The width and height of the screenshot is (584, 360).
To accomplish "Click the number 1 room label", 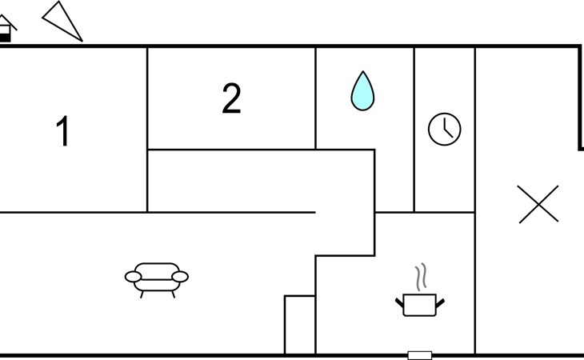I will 62,132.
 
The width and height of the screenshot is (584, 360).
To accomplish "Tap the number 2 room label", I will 231,99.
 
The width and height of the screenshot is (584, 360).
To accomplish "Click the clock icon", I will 445,129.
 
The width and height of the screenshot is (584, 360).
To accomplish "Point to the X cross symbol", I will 538,204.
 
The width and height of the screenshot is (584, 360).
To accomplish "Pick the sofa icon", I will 157,278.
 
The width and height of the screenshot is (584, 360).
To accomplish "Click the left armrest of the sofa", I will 134,277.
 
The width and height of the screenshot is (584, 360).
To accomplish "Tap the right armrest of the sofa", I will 180,277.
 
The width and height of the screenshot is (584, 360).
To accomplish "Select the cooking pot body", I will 419,305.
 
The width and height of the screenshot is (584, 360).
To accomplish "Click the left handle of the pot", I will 399,302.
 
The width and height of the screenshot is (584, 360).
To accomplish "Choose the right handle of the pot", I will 439,302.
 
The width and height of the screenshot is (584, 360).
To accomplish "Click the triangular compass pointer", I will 62,21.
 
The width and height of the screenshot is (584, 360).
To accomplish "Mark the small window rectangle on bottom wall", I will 419,355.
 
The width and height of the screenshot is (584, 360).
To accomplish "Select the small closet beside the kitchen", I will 300,325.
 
